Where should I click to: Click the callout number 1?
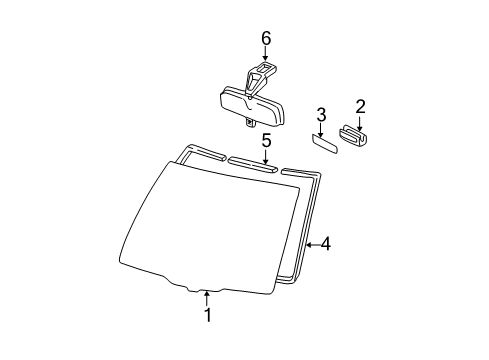tap(208, 315)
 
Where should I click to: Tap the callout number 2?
tap(360, 107)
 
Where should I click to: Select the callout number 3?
tap(321, 115)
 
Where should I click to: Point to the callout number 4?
tap(326, 244)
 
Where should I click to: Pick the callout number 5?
tap(266, 141)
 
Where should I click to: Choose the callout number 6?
tap(266, 39)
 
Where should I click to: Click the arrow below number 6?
tap(265, 53)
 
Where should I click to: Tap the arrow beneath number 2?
tap(360, 123)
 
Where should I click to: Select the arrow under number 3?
tap(320, 130)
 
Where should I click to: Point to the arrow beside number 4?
tap(313, 245)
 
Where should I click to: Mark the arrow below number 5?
tap(266, 157)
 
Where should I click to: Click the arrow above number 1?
tap(207, 298)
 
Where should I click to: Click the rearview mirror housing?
tap(252, 106)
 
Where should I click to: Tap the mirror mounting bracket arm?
tap(258, 77)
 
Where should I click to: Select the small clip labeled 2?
tap(353, 136)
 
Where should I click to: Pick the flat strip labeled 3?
tap(325, 143)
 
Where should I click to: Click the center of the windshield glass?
tap(210, 227)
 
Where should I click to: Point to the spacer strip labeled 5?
tap(252, 164)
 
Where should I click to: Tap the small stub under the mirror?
tap(250, 122)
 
